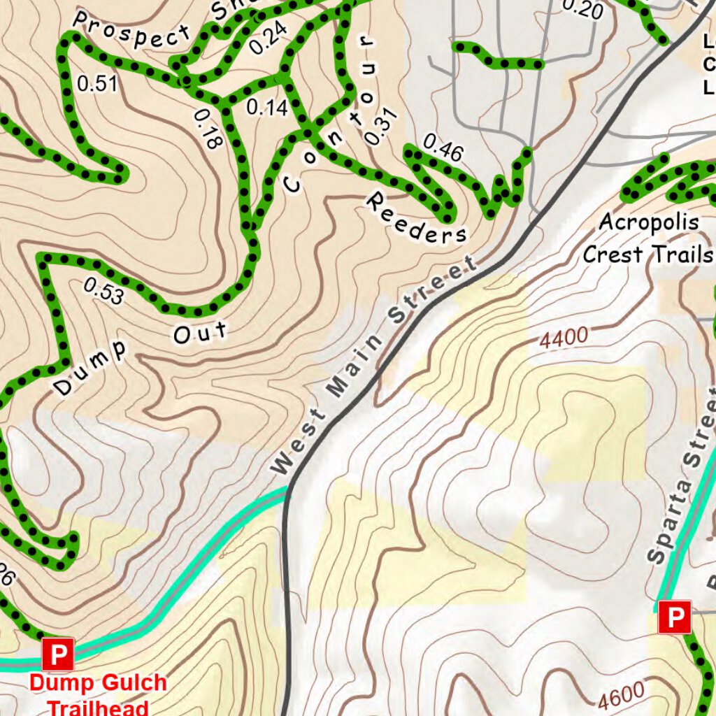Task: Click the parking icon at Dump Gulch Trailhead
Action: tap(58, 654)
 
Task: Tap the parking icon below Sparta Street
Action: tap(675, 617)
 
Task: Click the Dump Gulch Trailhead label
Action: tap(98, 693)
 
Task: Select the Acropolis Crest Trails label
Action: tap(648, 238)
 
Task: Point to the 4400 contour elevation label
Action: tap(564, 338)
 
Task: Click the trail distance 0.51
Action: tap(97, 85)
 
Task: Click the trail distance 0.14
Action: tap(267, 108)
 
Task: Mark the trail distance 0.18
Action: tap(208, 129)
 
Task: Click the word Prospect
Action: tap(131, 31)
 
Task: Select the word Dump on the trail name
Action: tap(91, 368)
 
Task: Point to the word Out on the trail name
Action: tap(201, 332)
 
